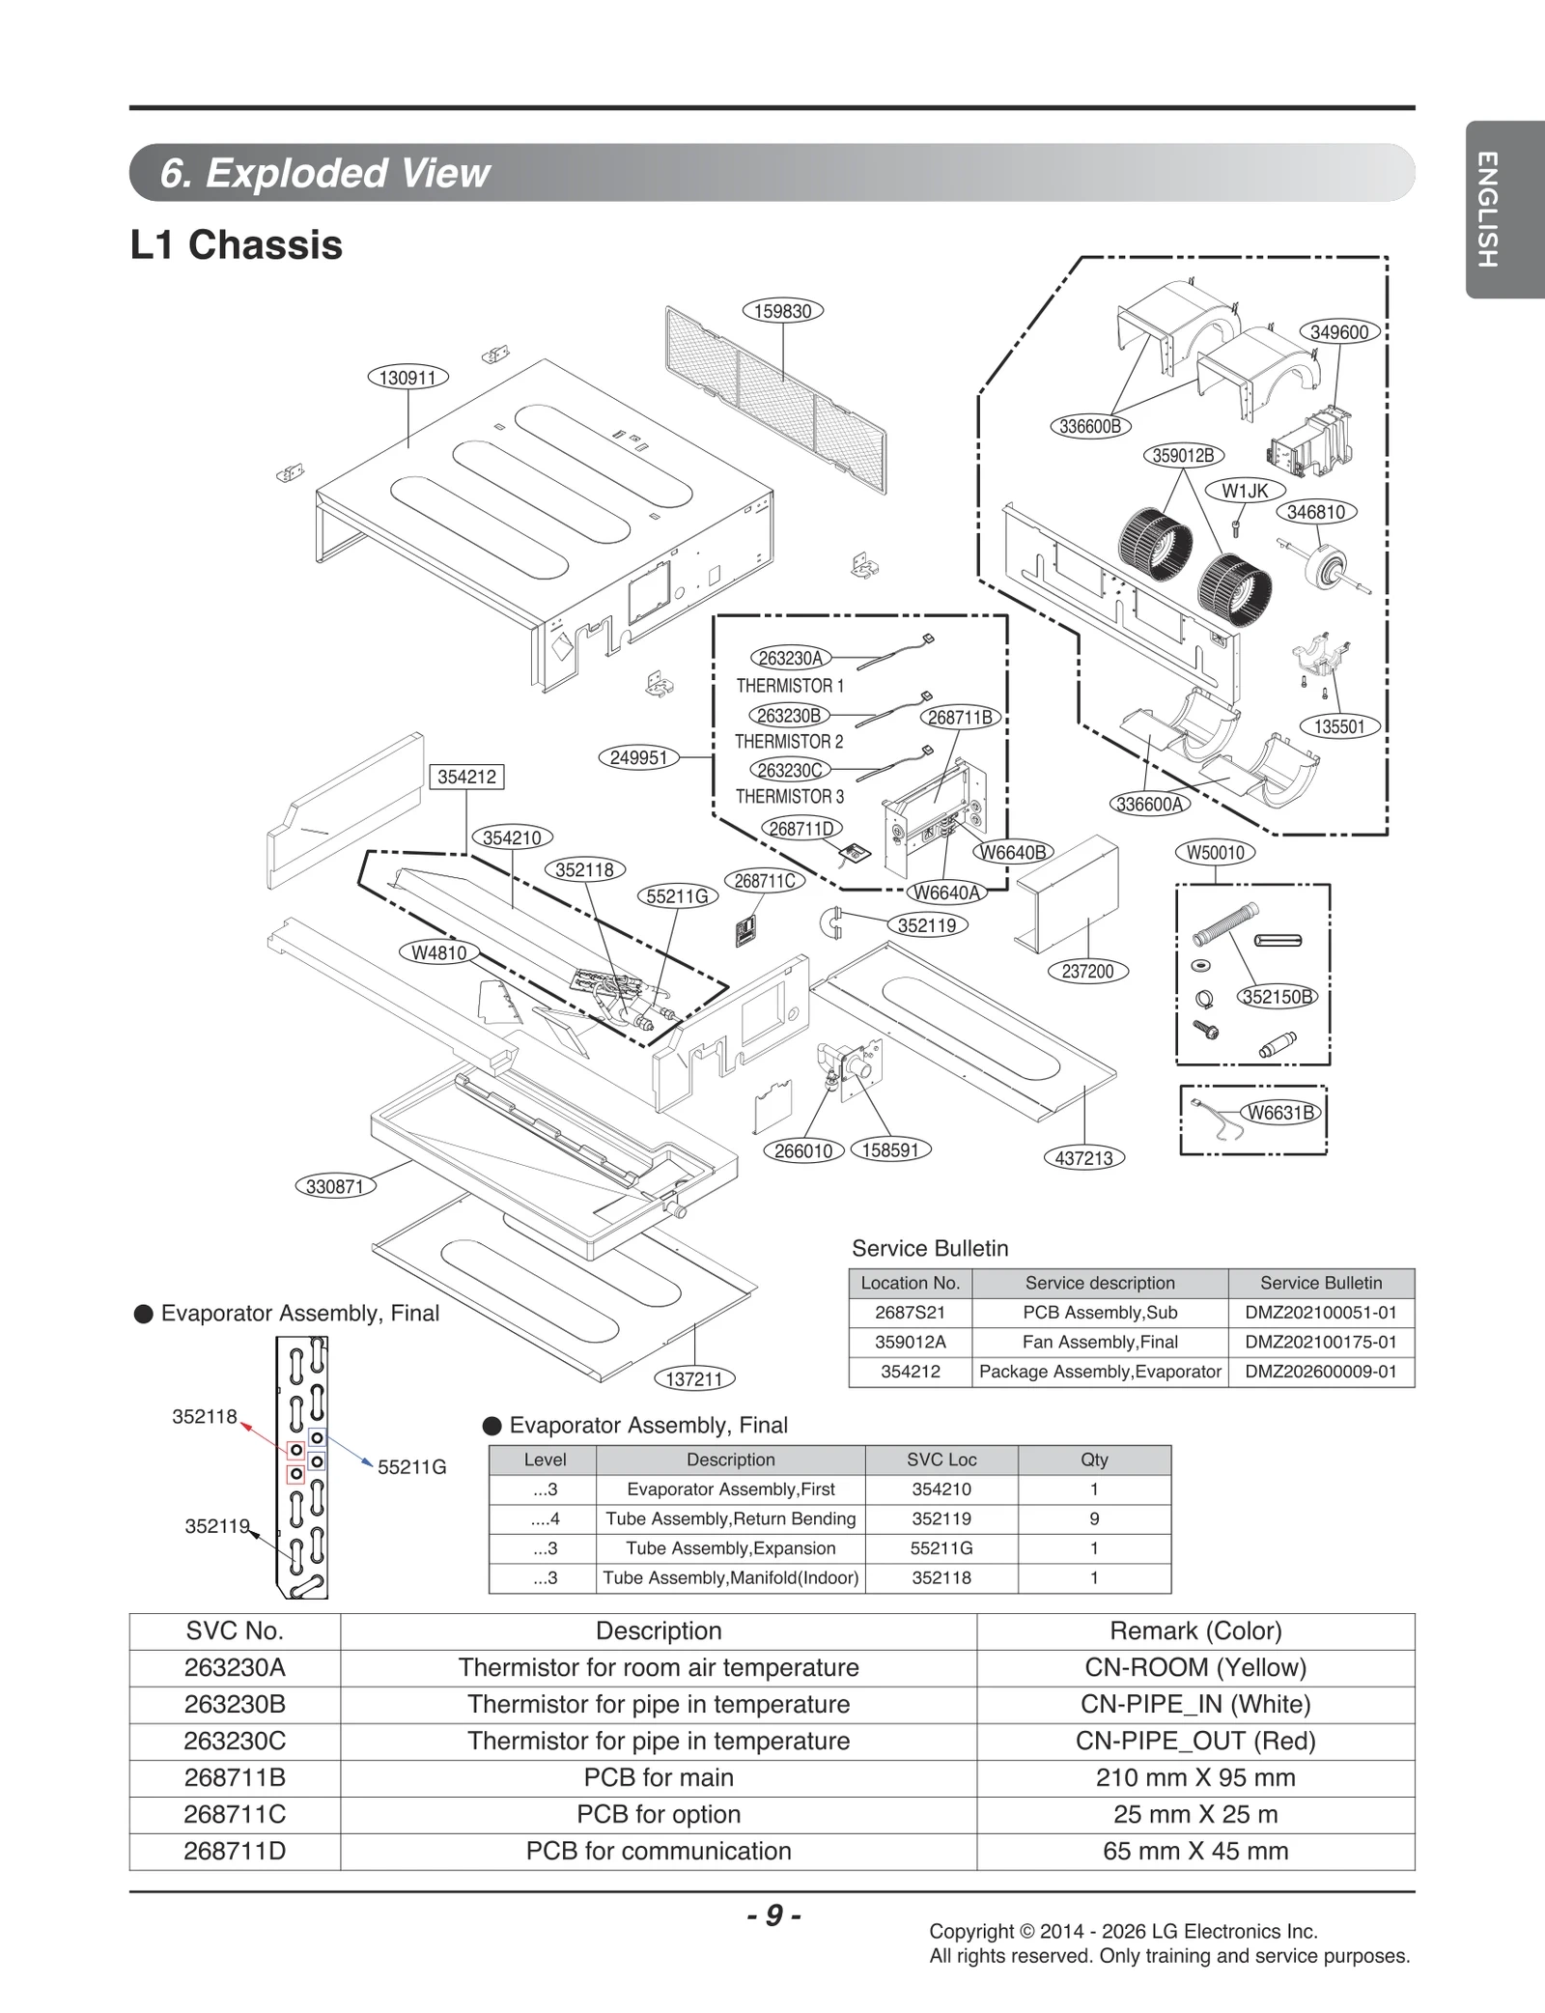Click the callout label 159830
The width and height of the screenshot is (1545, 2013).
click(x=782, y=311)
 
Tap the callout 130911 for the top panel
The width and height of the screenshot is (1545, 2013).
click(x=407, y=378)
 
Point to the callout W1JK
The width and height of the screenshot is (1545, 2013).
click(x=1245, y=491)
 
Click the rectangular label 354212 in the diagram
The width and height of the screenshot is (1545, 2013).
click(x=466, y=777)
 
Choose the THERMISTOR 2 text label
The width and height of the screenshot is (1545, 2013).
click(x=789, y=742)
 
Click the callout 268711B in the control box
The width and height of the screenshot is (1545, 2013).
click(x=960, y=718)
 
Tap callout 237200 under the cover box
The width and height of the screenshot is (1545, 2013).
click(x=1087, y=972)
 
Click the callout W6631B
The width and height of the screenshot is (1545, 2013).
click(x=1281, y=1112)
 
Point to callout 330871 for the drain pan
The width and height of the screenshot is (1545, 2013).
click(x=334, y=1187)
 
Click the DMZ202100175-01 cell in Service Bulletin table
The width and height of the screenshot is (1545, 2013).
click(x=1320, y=1342)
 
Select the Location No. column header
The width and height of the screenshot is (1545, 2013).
click(x=910, y=1283)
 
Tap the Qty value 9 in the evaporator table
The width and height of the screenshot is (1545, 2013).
click(x=1093, y=1518)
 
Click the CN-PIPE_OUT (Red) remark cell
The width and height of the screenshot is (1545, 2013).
click(x=1194, y=1741)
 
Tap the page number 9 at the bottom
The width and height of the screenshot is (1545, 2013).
click(x=773, y=1914)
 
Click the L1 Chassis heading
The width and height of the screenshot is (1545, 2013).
click(x=237, y=245)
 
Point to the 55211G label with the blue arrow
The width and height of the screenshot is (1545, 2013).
click(x=411, y=1467)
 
